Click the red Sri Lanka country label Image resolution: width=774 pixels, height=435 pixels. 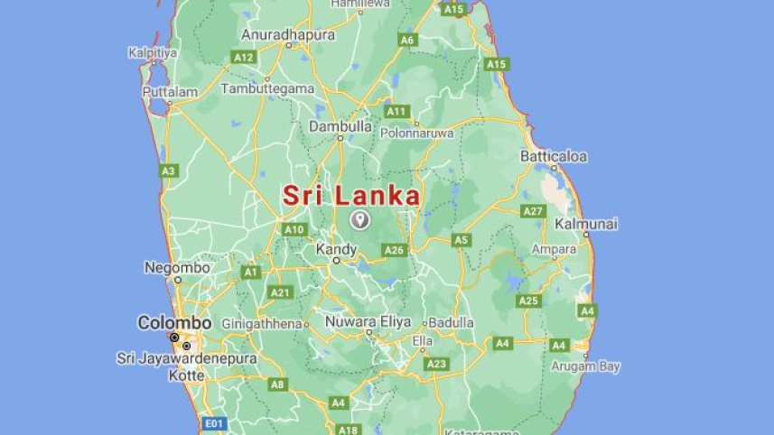tap(351, 196)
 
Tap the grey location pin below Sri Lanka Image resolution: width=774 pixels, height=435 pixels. tap(360, 219)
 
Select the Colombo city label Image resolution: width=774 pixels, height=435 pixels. tap(174, 322)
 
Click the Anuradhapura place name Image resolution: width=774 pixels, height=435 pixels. tap(288, 35)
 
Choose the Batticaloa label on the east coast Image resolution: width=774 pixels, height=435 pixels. tap(553, 156)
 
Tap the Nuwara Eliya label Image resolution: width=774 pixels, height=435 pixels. tap(368, 321)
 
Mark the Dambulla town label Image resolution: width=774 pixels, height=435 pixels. tap(340, 127)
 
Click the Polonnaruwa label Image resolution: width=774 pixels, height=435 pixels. tap(418, 133)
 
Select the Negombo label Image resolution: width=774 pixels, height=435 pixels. tap(177, 267)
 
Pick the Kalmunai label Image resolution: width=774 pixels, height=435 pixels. tap(586, 223)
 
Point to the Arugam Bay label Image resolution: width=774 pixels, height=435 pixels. tap(586, 366)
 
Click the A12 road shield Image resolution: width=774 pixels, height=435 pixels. tap(244, 57)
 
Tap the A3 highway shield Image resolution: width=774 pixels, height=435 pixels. tap(169, 170)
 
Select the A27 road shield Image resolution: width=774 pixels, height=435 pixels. tap(533, 211)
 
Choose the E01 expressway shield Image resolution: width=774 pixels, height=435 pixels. tap(214, 422)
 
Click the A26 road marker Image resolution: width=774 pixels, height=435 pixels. tap(395, 250)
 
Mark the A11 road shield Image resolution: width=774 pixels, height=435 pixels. tap(396, 111)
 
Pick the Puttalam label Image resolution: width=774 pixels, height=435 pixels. tap(170, 92)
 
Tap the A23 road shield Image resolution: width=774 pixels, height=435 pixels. tap(436, 364)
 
